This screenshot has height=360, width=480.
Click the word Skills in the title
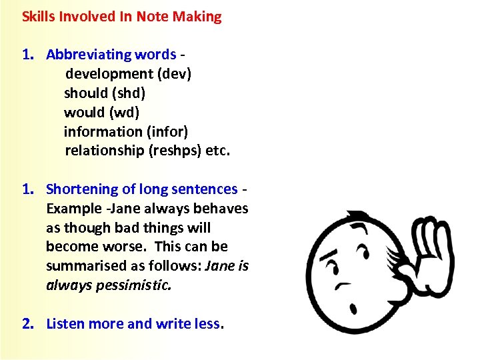point(37,17)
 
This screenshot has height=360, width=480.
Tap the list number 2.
point(27,324)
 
